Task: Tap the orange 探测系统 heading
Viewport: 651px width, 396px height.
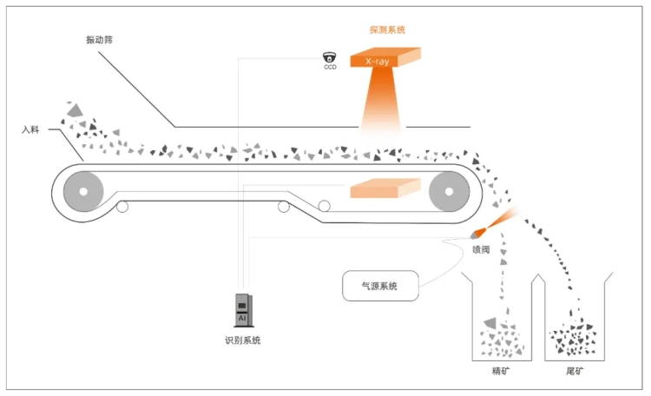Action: click(x=387, y=30)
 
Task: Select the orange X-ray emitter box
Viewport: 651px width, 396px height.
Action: click(x=386, y=60)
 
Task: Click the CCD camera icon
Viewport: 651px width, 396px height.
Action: click(x=329, y=57)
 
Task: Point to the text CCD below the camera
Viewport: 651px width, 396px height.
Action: click(x=329, y=67)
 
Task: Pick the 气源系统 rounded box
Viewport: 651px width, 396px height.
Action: click(x=380, y=286)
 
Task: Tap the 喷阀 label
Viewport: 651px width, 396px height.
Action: click(x=482, y=250)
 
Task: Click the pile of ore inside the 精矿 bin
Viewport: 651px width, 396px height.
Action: click(x=501, y=339)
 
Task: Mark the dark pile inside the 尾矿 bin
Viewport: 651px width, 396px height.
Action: click(x=573, y=338)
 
